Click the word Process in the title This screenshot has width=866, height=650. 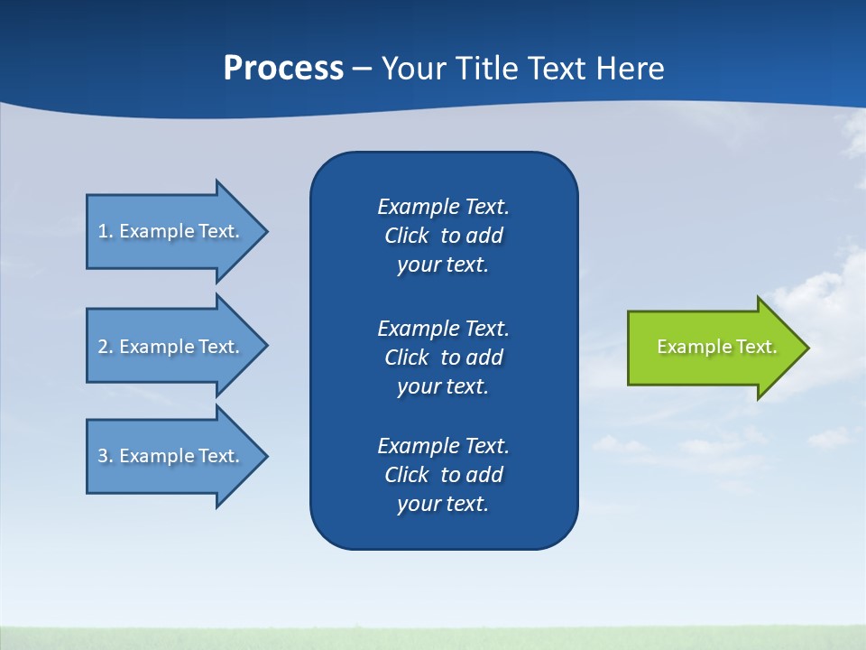coord(283,69)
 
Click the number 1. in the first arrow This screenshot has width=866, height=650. coord(105,231)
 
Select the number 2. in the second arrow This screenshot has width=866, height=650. coord(105,347)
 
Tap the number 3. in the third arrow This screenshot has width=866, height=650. coord(105,456)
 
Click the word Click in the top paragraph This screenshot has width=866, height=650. coord(407,236)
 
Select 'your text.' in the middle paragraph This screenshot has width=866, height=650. coord(443,386)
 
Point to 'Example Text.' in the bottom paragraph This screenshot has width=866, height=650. coord(443,446)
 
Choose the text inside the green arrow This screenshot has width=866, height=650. coord(716,347)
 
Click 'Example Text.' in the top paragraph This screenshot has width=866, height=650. coord(443,207)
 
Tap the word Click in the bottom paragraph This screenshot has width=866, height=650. coord(407,475)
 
